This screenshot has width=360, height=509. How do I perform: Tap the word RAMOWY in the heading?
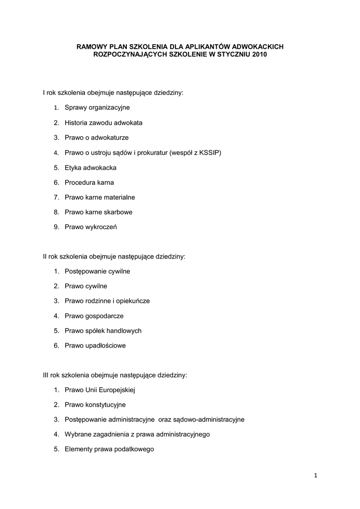point(90,46)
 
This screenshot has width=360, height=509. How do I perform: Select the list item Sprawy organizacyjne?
point(97,107)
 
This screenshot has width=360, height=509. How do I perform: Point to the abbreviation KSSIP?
point(209,152)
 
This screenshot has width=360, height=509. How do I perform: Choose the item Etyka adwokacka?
point(90,168)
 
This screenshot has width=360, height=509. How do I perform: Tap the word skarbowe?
point(118,212)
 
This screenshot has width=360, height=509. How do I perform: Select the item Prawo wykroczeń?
point(90,227)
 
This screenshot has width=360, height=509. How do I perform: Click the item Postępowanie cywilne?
point(97,271)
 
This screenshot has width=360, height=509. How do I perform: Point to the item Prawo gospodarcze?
point(94,316)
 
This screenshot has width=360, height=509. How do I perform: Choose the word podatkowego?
point(128,449)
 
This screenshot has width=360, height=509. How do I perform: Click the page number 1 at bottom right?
point(315,476)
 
